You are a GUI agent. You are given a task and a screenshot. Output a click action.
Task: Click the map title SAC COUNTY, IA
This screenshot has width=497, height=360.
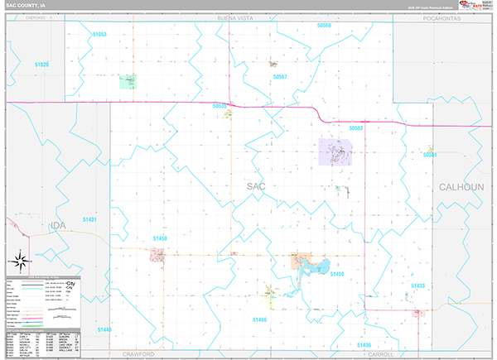[x=27, y=6]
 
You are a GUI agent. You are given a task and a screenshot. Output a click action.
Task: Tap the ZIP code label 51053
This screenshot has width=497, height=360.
[x=98, y=34]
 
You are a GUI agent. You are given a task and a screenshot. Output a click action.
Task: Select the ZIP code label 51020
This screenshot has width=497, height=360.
[x=41, y=64]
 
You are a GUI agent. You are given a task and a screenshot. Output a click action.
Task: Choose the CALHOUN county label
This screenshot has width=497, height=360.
[x=461, y=187]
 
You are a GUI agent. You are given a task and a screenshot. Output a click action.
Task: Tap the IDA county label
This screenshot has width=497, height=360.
[x=57, y=225]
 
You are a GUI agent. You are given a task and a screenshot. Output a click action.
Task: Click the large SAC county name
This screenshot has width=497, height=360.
[x=256, y=187]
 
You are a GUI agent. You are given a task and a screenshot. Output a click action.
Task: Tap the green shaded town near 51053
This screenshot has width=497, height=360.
[x=128, y=80]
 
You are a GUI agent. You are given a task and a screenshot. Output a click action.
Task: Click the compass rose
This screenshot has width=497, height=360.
[x=20, y=257]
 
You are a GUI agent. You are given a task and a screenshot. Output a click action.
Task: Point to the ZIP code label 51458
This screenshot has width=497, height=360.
[x=160, y=238]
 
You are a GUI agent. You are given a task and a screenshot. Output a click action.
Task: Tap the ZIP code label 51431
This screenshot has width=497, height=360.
[x=89, y=219]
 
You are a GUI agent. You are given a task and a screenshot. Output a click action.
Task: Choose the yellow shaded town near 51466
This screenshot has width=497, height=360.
[x=269, y=292]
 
